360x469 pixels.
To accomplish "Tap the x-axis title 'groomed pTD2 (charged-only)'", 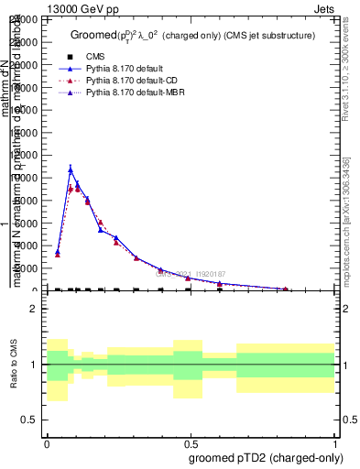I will pos(262,457).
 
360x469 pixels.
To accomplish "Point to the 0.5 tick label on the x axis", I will pos(191,442).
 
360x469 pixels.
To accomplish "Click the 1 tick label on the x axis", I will pos(334,442).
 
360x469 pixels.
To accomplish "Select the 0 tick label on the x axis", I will pos(47,442).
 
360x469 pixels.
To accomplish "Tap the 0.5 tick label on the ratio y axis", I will pos(29,420).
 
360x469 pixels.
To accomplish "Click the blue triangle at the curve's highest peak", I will pos(71,170).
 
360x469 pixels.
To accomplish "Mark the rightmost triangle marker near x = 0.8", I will pos(286,289).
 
